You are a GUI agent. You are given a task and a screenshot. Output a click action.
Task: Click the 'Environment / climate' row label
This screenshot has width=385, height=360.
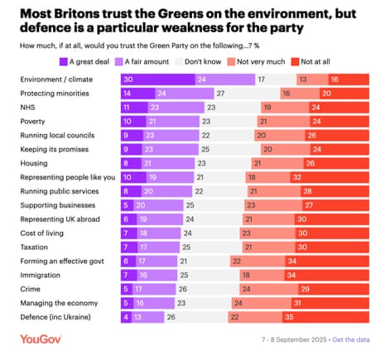[x=52, y=79]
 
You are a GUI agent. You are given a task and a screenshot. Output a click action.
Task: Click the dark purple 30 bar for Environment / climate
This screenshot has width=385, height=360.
[x=149, y=79]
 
